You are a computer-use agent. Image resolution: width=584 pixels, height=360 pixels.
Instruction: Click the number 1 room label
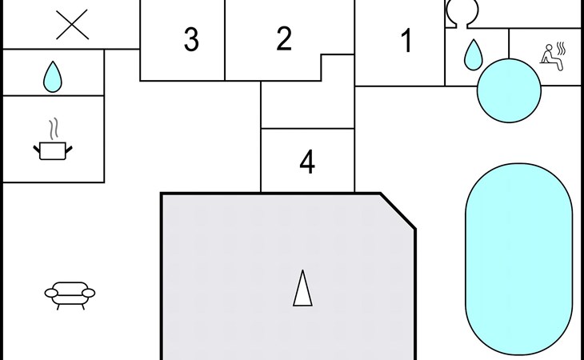click(407, 41)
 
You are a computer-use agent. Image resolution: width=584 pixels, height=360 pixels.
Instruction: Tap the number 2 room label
click(284, 39)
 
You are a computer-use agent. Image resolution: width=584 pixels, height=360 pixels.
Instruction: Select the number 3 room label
click(190, 40)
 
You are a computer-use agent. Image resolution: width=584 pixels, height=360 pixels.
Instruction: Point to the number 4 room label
click(307, 163)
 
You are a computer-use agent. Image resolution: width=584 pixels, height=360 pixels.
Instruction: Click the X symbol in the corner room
click(73, 25)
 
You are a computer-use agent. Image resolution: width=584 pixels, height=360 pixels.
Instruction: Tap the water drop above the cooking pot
click(53, 76)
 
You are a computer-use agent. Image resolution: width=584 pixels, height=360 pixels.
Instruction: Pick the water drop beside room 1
click(474, 54)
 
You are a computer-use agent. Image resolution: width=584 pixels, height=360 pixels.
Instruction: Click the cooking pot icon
click(54, 150)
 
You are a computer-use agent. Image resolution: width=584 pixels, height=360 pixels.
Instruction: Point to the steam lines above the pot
click(54, 128)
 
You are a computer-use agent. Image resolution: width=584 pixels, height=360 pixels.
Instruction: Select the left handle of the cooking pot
click(37, 147)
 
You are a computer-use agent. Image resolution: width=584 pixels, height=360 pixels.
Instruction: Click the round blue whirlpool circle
click(509, 90)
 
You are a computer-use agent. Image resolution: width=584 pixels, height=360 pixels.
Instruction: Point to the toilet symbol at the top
click(462, 11)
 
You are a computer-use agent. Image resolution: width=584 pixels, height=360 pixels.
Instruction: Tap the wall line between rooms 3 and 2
click(225, 40)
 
